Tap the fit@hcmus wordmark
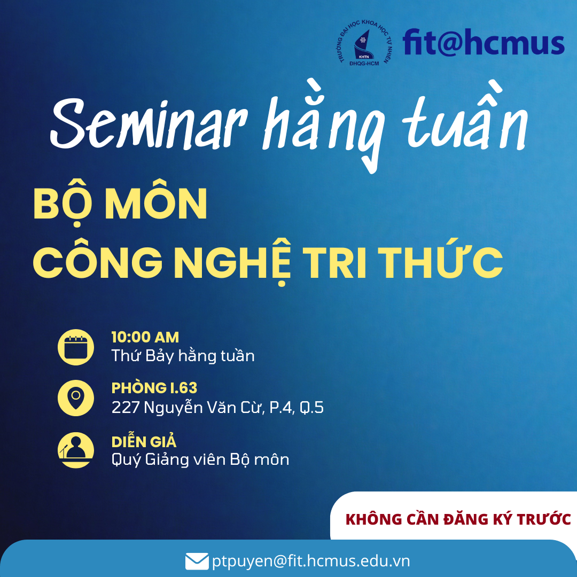(x=484, y=42)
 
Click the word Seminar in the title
(x=149, y=123)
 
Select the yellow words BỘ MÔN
(x=120, y=205)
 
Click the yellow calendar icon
(x=76, y=347)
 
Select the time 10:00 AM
(x=145, y=337)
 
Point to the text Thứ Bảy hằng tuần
(x=183, y=356)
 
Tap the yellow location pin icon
(x=76, y=398)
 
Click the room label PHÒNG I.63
(x=154, y=388)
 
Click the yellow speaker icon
(x=76, y=450)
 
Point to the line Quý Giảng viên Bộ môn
(x=200, y=459)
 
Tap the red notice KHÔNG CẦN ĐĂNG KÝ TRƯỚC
(x=458, y=519)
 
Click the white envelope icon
(x=197, y=562)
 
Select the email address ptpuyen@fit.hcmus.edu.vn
(x=311, y=562)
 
